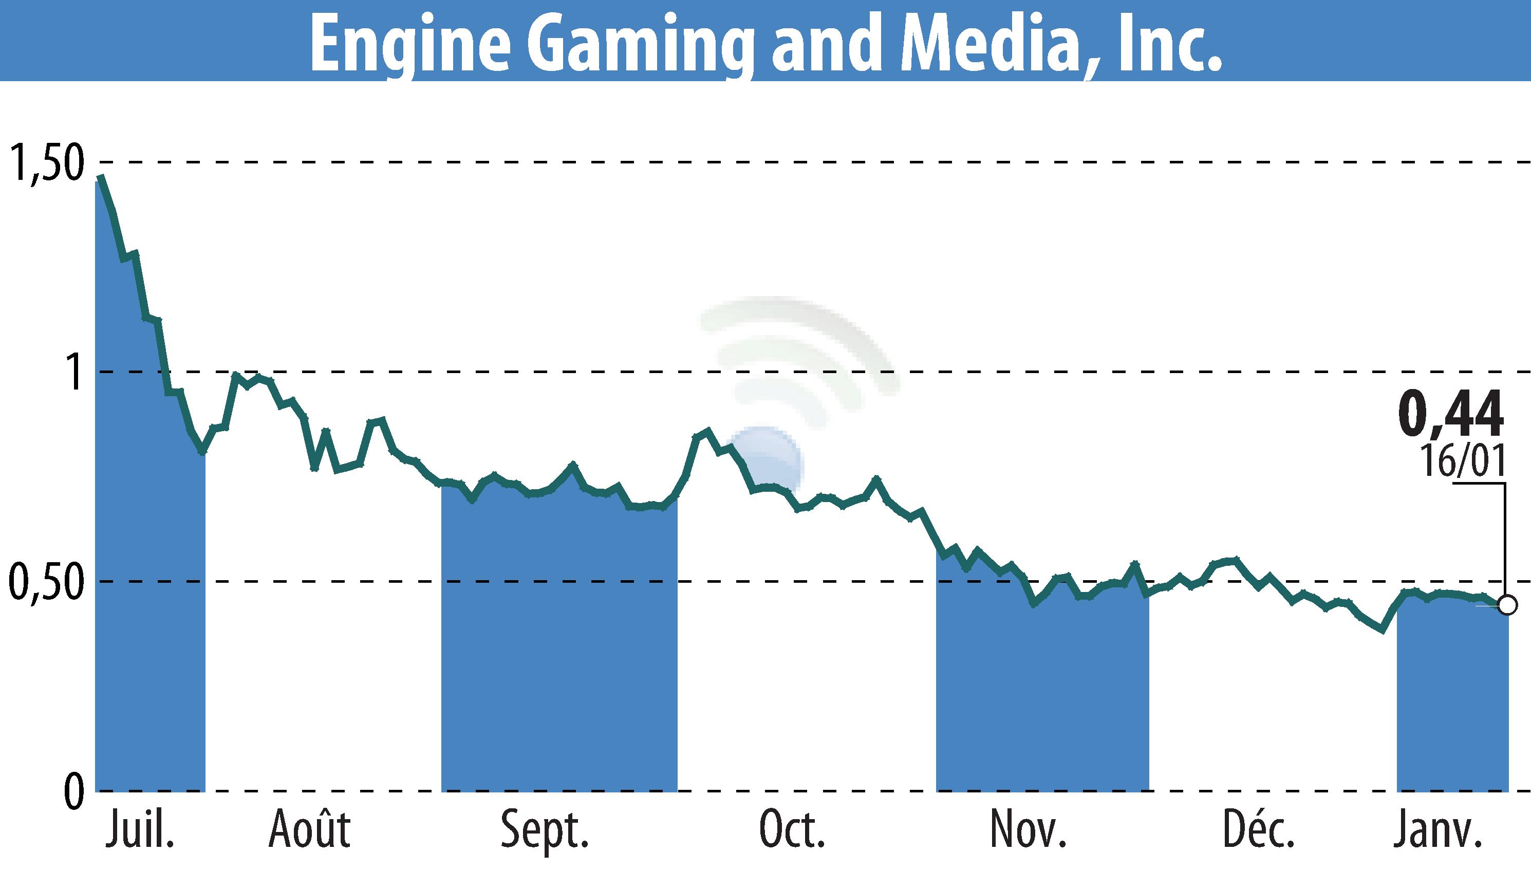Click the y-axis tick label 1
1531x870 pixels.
click(73, 372)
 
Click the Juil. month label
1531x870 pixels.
click(140, 831)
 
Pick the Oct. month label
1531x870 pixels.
click(792, 830)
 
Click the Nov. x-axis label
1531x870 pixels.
click(1028, 830)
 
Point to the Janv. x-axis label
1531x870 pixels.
click(1436, 830)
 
